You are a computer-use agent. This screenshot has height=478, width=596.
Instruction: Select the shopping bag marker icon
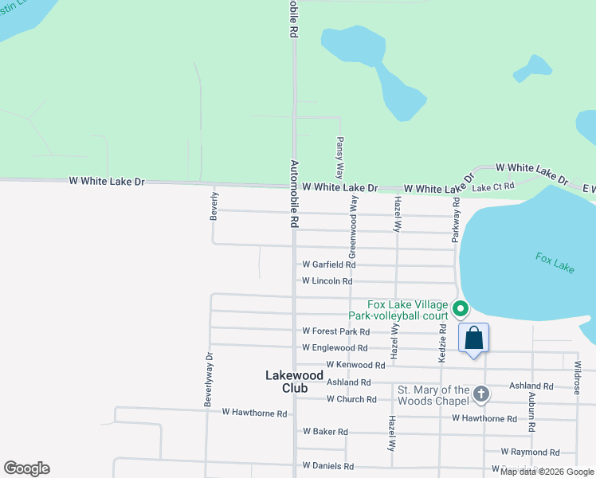474,338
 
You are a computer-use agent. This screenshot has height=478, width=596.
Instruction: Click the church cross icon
481,394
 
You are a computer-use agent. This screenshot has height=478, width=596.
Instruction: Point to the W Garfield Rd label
328,264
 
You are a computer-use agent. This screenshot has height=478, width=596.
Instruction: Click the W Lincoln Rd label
327,281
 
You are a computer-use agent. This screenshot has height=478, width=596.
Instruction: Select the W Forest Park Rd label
336,331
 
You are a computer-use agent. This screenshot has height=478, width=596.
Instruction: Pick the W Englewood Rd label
335,348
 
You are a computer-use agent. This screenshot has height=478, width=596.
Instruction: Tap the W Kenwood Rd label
355,365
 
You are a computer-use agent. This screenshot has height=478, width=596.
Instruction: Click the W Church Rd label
351,399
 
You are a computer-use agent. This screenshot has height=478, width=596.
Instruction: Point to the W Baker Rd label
325,432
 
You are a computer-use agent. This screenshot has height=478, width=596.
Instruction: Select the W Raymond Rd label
530,452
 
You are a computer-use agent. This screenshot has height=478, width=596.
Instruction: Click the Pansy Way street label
339,156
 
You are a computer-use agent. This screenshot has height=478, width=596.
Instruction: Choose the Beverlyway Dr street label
209,380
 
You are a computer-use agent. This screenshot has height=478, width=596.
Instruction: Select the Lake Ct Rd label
493,186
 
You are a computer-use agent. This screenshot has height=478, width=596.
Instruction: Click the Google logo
26,468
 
